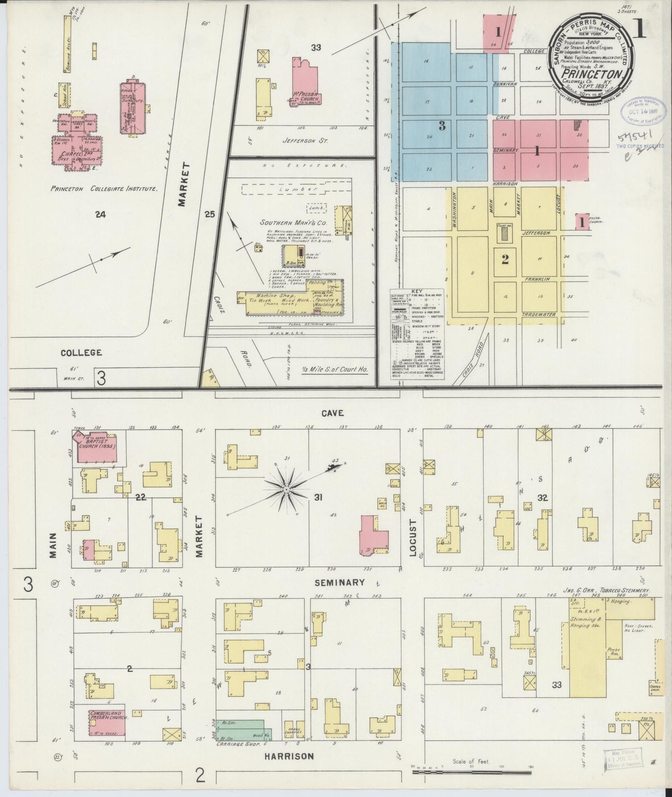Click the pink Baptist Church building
tap(96, 447)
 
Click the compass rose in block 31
tap(286, 490)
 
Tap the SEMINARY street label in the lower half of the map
tap(339, 583)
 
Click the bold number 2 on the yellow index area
tap(505, 260)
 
